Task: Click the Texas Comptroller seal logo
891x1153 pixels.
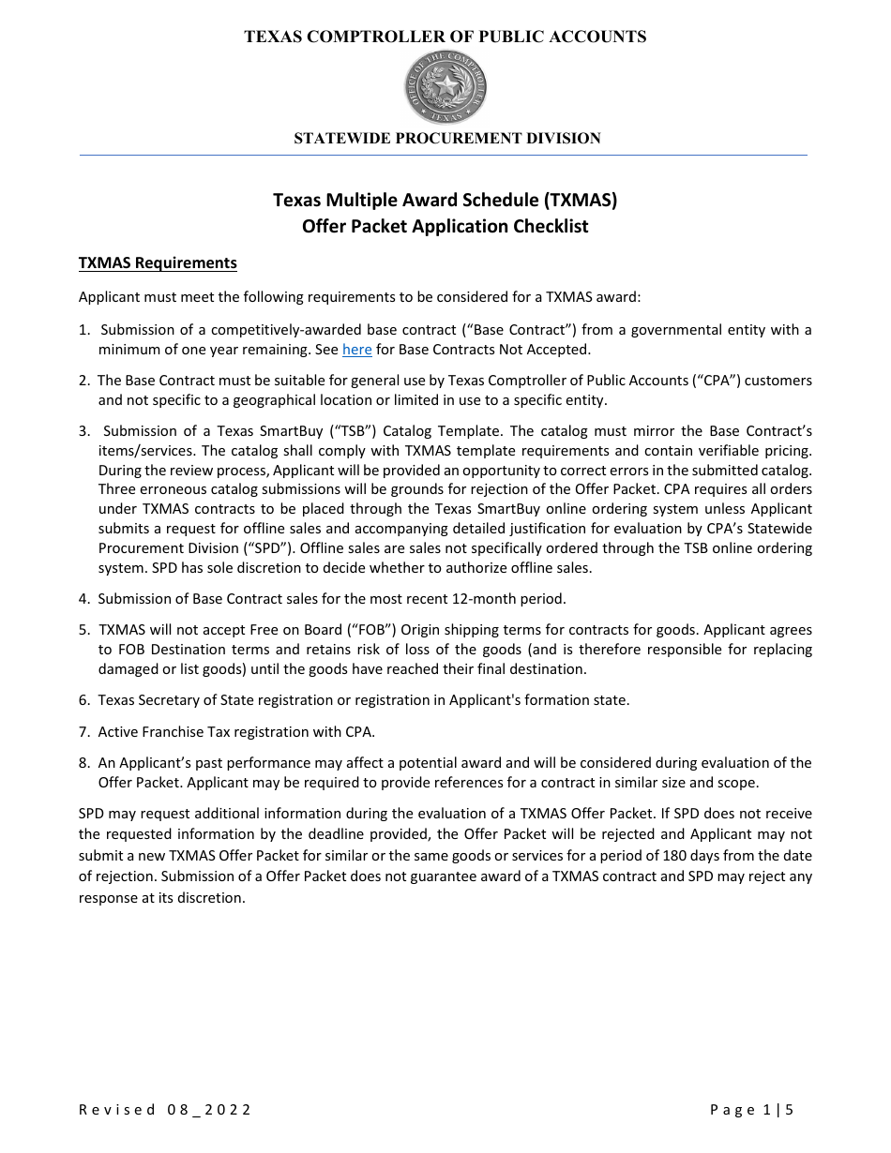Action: tap(445, 87)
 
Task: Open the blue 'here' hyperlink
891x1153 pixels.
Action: tap(356, 350)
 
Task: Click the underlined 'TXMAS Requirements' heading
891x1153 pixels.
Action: tap(158, 263)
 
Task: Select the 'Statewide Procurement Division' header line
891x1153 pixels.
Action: tap(446, 139)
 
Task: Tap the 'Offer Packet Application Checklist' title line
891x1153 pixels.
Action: tap(445, 227)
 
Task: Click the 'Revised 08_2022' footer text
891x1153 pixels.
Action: tap(165, 1110)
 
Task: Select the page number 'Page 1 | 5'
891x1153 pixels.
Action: tap(751, 1110)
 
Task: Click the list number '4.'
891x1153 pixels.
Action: tap(84, 598)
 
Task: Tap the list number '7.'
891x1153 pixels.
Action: tap(84, 731)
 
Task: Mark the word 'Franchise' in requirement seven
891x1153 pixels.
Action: tap(175, 731)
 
